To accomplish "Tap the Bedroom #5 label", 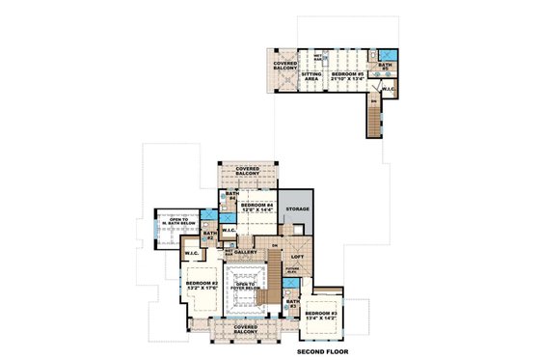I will pos(344,74).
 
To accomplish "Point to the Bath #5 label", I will pos(383,67).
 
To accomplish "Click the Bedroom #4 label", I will pos(257,208).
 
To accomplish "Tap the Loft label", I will pos(297,256).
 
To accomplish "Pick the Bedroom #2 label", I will pos(202,287).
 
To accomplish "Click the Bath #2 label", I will pos(209,235).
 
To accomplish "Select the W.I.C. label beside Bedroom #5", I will pos(388,90).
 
